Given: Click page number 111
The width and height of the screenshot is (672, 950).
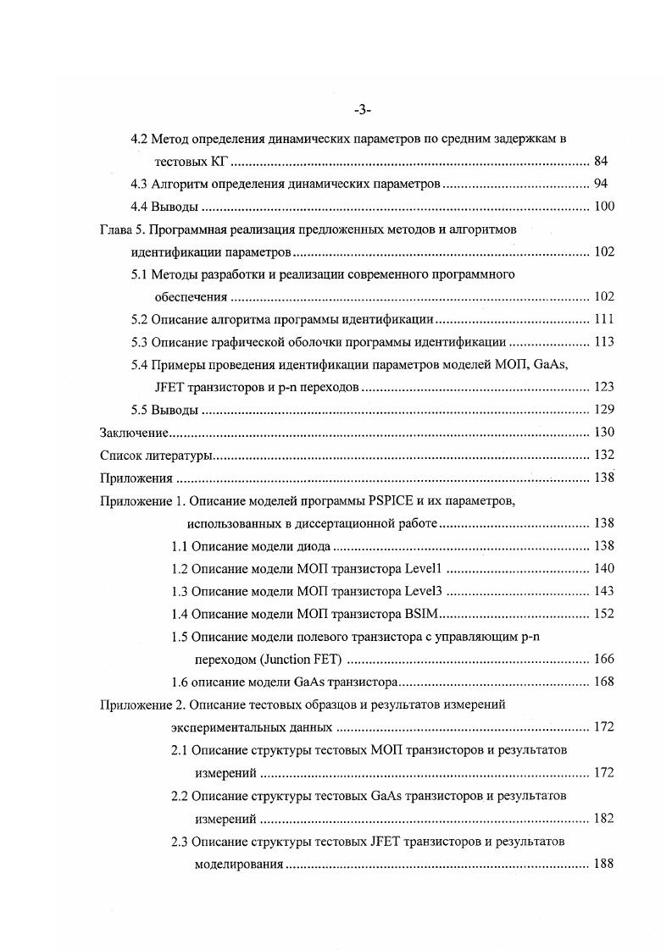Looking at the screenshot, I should pyautogui.click(x=604, y=320).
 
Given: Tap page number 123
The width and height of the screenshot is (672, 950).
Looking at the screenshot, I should pyautogui.click(x=604, y=388).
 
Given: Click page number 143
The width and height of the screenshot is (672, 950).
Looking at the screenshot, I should pyautogui.click(x=604, y=592).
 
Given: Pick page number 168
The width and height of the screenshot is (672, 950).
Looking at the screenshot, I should pyautogui.click(x=604, y=682).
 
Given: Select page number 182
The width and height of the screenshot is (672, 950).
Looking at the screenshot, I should pyautogui.click(x=604, y=819).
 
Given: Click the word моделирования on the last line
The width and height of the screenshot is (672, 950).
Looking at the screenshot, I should pyautogui.click(x=239, y=864).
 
